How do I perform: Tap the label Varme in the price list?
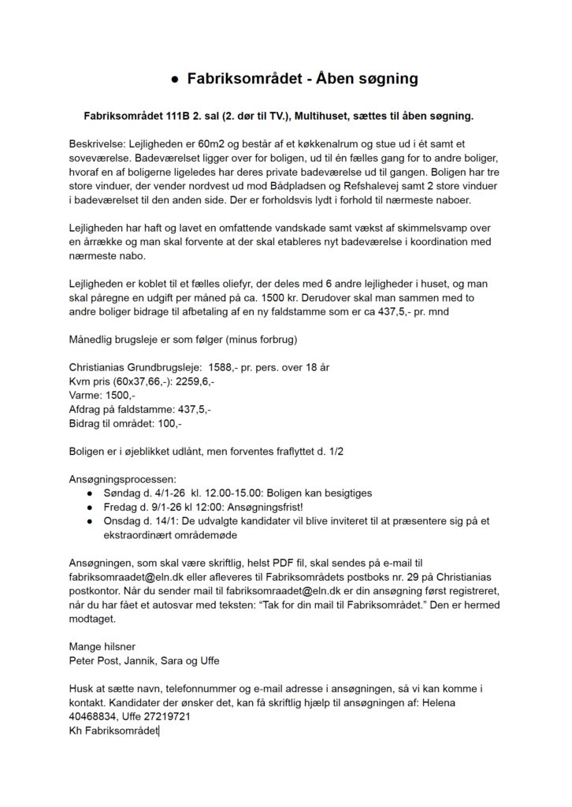point(86,396)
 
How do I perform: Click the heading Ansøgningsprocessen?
point(123,479)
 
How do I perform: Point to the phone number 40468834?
point(91,716)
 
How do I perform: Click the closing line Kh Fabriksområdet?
point(113,731)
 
